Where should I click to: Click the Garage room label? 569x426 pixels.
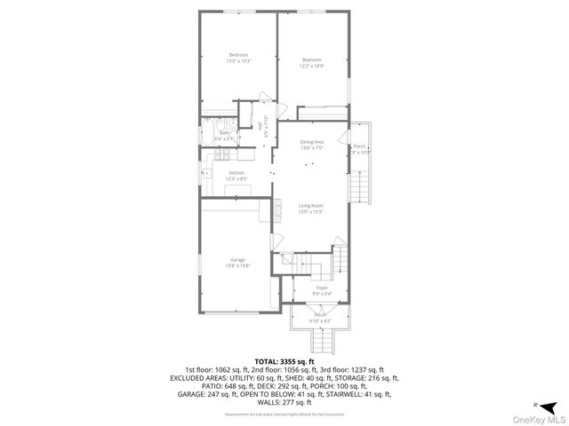point(237,259)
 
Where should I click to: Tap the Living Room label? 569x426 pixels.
point(310,205)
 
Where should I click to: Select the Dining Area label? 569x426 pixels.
point(311,142)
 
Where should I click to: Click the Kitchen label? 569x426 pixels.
point(236,172)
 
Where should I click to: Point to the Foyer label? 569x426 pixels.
point(320,287)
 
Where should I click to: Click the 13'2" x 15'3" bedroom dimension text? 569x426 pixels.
point(237,61)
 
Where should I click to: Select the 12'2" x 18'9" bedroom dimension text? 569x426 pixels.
point(312,65)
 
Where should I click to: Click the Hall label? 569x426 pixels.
point(260,127)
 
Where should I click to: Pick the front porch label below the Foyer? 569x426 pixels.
point(320,315)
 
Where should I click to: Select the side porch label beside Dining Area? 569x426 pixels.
point(359,146)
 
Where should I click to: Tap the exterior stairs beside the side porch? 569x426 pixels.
point(359,186)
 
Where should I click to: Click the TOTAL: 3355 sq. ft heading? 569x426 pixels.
point(284,362)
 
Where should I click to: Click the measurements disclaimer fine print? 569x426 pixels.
point(284,414)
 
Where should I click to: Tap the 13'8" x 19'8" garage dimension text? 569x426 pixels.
point(237,265)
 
